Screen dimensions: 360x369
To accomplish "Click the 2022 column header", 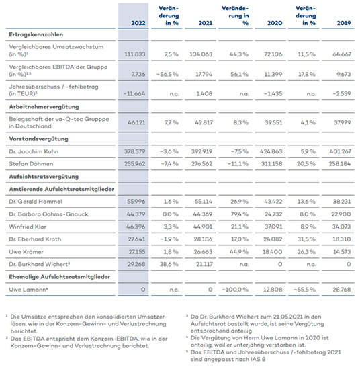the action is pyautogui.click(x=138, y=23).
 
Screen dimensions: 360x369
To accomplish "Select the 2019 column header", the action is pyautogui.click(x=343, y=23).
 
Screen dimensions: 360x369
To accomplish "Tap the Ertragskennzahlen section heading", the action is pyautogui.click(x=36, y=34).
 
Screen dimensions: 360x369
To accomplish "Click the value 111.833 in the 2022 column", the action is pyautogui.click(x=135, y=54).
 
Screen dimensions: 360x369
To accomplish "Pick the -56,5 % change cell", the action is pyautogui.click(x=167, y=75).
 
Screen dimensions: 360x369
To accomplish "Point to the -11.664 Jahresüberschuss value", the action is pyautogui.click(x=134, y=94).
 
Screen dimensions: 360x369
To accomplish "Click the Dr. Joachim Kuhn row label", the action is pyautogui.click(x=34, y=151).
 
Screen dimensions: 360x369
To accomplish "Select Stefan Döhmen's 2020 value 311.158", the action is pyautogui.click(x=271, y=164).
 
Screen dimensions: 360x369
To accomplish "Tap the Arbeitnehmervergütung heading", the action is pyautogui.click(x=44, y=107).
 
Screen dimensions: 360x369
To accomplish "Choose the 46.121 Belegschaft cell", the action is pyautogui.click(x=136, y=122).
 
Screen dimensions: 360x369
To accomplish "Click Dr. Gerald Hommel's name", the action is pyautogui.click(x=36, y=202).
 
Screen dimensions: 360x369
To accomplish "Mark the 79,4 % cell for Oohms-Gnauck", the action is pyautogui.click(x=239, y=214).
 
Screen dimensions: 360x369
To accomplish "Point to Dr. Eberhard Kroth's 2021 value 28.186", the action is pyautogui.click(x=203, y=239).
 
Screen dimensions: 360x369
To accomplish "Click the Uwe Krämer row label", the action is pyautogui.click(x=26, y=252).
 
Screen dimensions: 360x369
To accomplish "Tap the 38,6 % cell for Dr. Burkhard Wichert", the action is pyautogui.click(x=169, y=265).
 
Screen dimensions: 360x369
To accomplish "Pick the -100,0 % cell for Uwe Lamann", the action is pyautogui.click(x=235, y=290).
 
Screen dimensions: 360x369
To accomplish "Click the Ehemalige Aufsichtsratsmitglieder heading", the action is pyautogui.click(x=60, y=277).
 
